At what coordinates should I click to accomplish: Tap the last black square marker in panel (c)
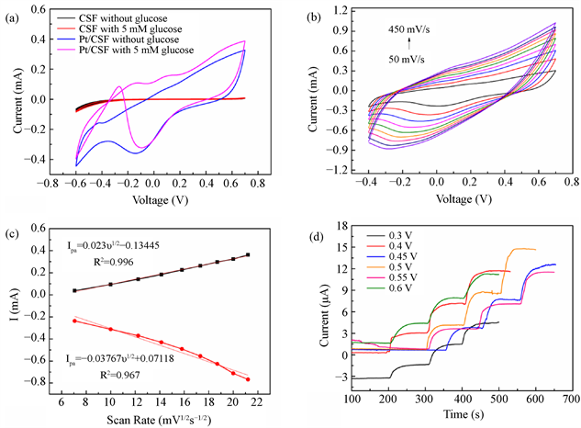248,254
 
